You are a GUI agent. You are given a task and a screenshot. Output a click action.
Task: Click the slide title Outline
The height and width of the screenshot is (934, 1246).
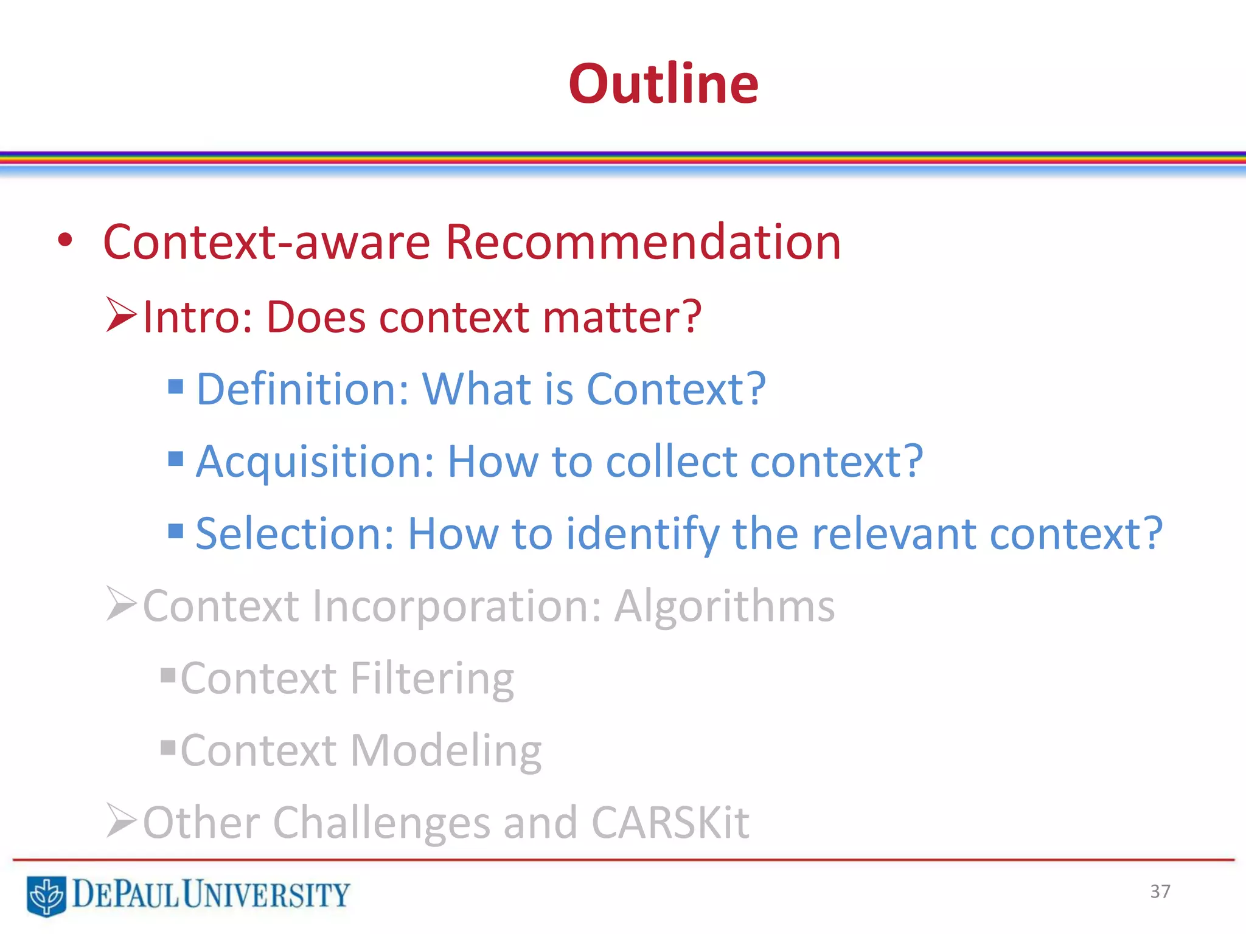tap(663, 84)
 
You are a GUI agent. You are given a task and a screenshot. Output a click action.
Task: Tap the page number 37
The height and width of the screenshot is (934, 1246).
tap(1160, 891)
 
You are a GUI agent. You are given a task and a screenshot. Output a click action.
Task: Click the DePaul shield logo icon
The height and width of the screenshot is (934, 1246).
tap(46, 895)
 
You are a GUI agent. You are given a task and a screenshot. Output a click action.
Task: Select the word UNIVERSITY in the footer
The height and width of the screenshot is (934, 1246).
tap(266, 894)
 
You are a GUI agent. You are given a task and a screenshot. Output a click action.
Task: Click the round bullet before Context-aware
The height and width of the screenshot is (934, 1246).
tap(65, 241)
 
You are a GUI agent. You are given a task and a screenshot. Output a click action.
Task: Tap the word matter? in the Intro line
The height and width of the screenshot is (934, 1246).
tap(622, 317)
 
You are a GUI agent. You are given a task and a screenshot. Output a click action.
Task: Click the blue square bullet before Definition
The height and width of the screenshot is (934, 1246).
tap(176, 386)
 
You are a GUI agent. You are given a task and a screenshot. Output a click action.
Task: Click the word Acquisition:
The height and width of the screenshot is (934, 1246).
tap(315, 462)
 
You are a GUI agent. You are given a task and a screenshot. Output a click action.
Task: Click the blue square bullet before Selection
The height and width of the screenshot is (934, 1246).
tap(176, 531)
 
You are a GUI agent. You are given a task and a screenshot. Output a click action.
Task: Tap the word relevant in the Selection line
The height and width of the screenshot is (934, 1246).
tap(894, 534)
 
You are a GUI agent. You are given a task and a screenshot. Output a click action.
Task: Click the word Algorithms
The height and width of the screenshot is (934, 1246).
tap(724, 606)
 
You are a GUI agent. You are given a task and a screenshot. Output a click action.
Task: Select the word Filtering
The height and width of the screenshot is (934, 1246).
tap(432, 679)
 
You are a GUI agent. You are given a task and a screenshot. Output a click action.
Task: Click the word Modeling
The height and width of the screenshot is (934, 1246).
tap(446, 750)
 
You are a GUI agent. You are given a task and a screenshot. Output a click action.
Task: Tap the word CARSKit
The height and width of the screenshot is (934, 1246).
tap(670, 823)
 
